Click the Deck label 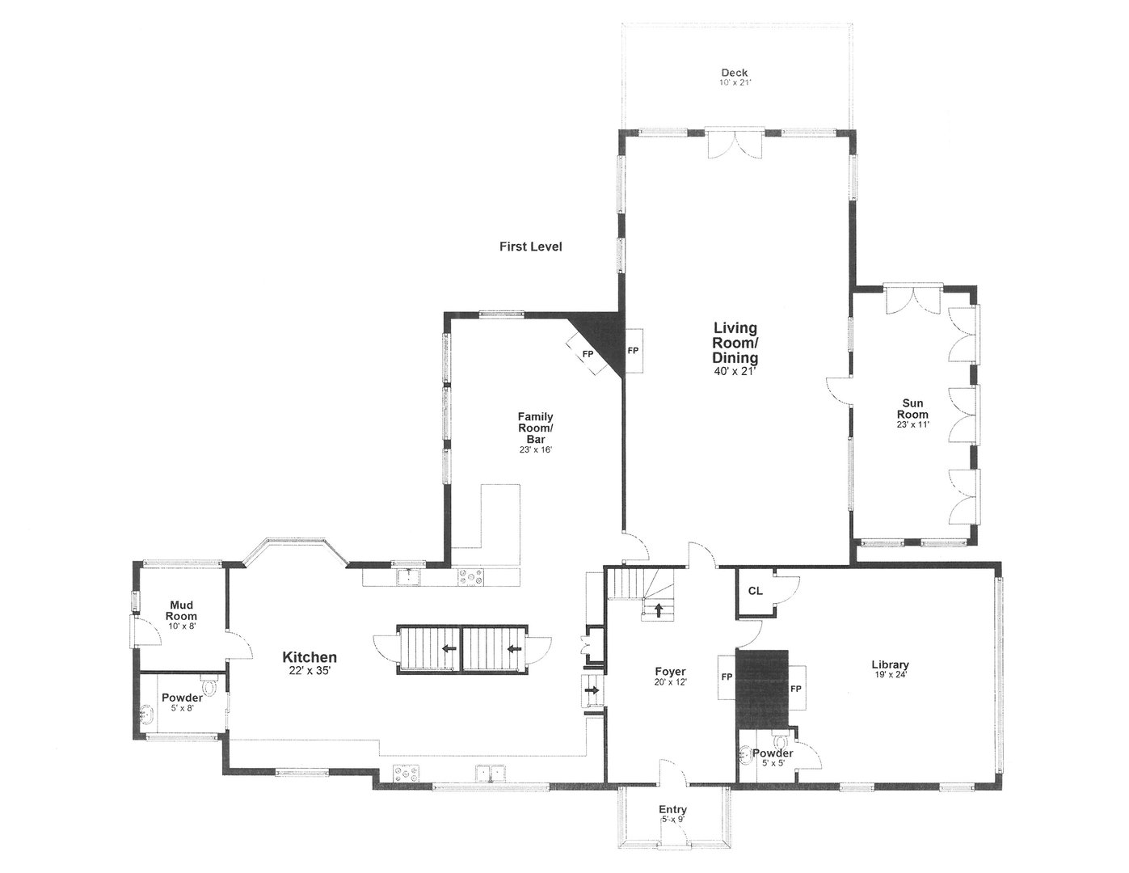click(x=735, y=73)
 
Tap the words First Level click(x=530, y=247)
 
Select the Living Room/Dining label click(x=735, y=343)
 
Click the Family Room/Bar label click(x=535, y=428)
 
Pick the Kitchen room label click(x=309, y=657)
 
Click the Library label click(x=890, y=665)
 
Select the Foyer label click(x=670, y=672)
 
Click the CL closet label click(x=755, y=591)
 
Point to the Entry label click(x=672, y=809)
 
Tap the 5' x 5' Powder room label click(x=773, y=753)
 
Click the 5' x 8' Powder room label click(x=182, y=698)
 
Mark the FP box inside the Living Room click(x=634, y=351)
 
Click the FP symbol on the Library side click(x=796, y=689)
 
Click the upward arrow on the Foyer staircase click(x=659, y=609)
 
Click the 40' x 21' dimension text click(x=735, y=372)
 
